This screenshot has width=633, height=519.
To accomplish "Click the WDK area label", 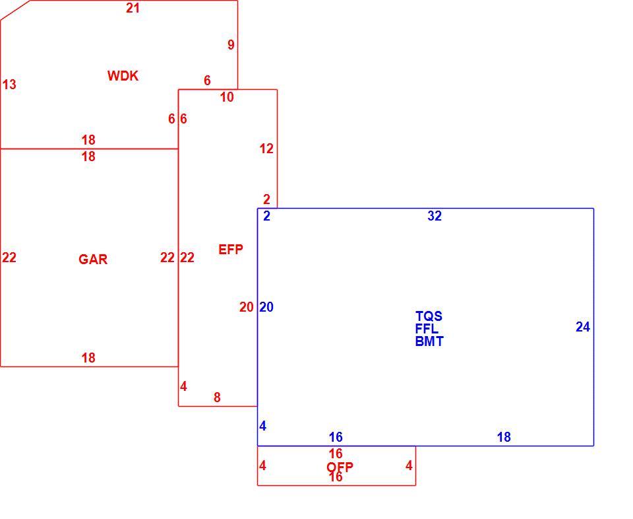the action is pyautogui.click(x=123, y=75).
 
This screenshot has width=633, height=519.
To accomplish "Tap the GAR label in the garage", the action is pyautogui.click(x=93, y=259).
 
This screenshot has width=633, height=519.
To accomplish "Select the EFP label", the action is pyautogui.click(x=231, y=250).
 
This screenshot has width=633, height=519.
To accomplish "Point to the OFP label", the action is pyautogui.click(x=340, y=467).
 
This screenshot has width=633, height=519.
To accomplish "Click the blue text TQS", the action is pyautogui.click(x=429, y=316).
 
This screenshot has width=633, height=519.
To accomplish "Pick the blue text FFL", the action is pyautogui.click(x=427, y=329).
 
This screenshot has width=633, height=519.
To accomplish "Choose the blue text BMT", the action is pyautogui.click(x=429, y=341).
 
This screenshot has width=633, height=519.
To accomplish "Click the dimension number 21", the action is pyautogui.click(x=133, y=8).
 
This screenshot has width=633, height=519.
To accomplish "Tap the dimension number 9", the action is pyautogui.click(x=231, y=44).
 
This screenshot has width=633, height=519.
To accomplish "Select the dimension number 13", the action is pyautogui.click(x=9, y=85).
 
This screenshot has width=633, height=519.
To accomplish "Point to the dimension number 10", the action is pyautogui.click(x=227, y=97).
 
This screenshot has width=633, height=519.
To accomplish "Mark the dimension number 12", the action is pyautogui.click(x=266, y=149).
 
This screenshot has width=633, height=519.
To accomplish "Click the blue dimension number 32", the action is pyautogui.click(x=435, y=216).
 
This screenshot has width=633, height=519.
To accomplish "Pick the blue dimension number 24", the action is pyautogui.click(x=583, y=327).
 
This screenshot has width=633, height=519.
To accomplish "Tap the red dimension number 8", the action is pyautogui.click(x=217, y=398).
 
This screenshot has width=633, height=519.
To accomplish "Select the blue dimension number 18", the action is pyautogui.click(x=504, y=437).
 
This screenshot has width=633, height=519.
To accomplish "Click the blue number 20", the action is pyautogui.click(x=266, y=307).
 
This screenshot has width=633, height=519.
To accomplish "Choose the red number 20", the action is pyautogui.click(x=246, y=307).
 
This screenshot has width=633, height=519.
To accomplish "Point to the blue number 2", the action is pyautogui.click(x=266, y=216).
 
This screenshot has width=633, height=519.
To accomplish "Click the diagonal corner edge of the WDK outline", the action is pyautogui.click(x=15, y=10).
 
